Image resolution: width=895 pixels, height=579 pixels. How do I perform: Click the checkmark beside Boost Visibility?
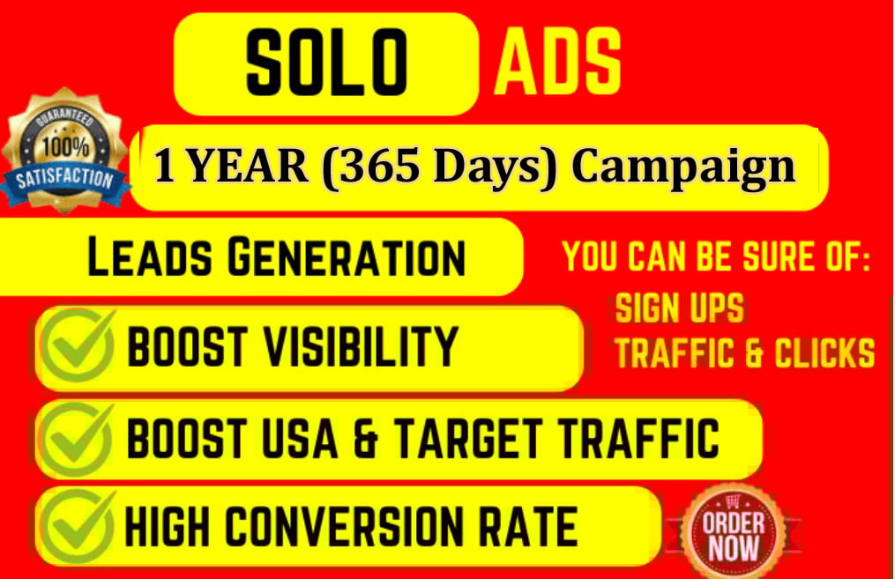coord(78,345)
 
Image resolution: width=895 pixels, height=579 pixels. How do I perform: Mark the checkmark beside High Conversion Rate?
coord(78,526)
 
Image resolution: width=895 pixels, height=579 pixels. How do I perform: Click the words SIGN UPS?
coord(679,309)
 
